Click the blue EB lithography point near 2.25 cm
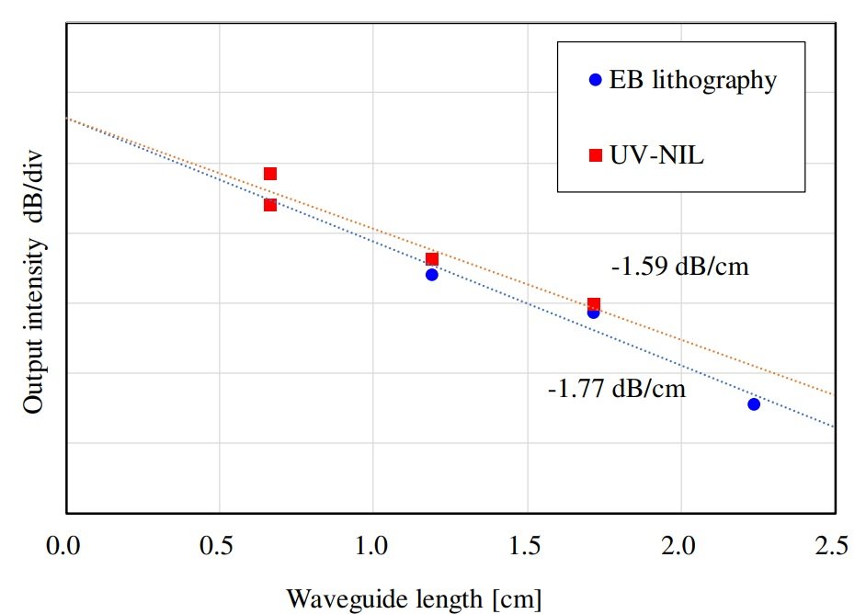pos(754,404)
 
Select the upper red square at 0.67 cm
pos(270,174)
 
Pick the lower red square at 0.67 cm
pos(270,204)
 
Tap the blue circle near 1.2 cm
pos(432,275)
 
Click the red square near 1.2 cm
pos(432,259)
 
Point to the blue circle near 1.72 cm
pos(593,313)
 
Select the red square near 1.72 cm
pos(594,303)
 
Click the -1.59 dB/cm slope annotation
pos(680,268)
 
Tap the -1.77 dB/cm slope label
pos(617,388)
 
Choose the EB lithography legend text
pos(693,80)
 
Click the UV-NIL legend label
pos(656,156)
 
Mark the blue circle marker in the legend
pos(595,80)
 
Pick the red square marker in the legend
pos(595,156)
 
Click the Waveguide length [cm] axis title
pos(414,598)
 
